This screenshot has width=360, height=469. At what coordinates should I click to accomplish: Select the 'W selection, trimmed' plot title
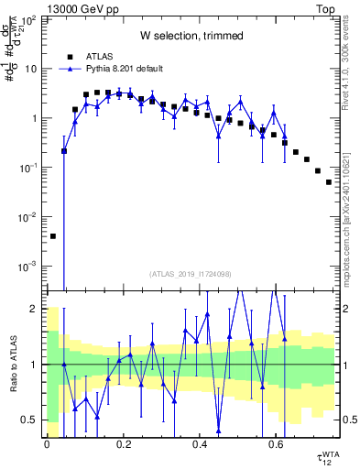[191, 36]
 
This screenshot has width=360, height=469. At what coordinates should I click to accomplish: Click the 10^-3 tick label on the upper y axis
[30, 266]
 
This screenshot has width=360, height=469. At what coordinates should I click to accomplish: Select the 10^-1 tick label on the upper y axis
[30, 168]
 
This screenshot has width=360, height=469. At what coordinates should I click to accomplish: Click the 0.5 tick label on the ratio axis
[34, 420]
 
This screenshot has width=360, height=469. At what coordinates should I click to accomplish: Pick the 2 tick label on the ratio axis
[38, 309]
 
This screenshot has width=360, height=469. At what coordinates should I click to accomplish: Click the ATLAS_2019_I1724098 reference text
[191, 274]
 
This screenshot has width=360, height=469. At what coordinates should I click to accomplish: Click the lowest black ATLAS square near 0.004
[52, 235]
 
